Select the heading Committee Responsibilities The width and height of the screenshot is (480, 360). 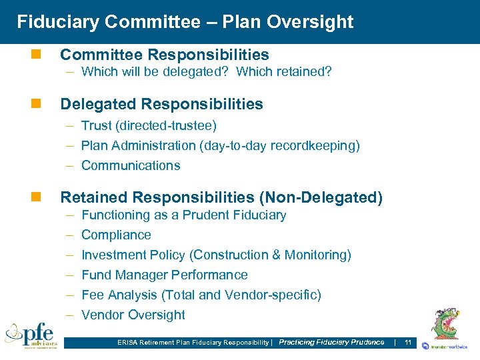tap(165, 55)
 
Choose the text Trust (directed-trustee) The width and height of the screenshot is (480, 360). tap(149, 125)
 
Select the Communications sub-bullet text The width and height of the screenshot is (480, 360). tap(131, 165)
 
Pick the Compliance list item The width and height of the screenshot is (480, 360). tap(116, 235)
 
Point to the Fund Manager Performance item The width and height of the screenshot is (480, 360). tap(164, 275)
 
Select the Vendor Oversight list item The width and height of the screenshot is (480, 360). tap(133, 315)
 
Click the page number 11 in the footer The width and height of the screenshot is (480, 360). tap(408, 343)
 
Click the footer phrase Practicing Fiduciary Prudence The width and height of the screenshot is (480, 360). tap(331, 343)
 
